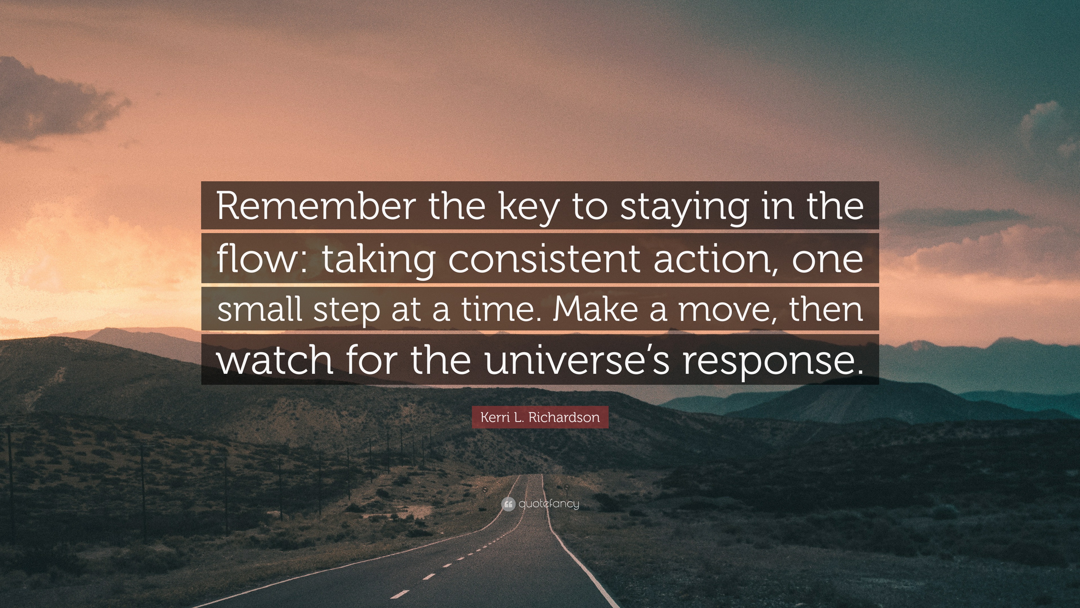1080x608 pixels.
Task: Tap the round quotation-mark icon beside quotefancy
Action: (x=508, y=504)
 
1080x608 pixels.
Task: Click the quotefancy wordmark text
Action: (x=549, y=504)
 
